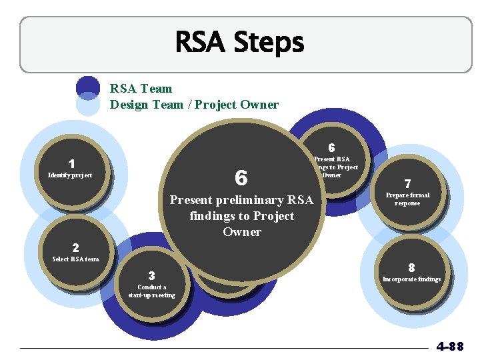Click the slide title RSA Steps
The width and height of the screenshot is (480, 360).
(x=239, y=43)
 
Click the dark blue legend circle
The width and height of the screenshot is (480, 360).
(x=88, y=86)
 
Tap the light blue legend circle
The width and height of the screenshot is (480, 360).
(x=88, y=105)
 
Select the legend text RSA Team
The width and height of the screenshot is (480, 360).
(x=141, y=89)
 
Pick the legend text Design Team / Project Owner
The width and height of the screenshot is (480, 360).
(x=194, y=104)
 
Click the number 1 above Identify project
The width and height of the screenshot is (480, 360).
(x=71, y=163)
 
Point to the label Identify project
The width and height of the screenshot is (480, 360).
(x=70, y=175)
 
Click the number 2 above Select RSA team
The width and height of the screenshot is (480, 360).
(x=75, y=247)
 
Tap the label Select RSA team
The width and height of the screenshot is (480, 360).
(x=75, y=259)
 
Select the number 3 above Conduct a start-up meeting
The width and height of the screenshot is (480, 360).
(x=152, y=275)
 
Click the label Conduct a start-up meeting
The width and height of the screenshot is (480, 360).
(x=152, y=291)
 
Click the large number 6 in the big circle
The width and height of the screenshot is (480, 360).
(x=241, y=178)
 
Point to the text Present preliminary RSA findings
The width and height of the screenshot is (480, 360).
(x=241, y=207)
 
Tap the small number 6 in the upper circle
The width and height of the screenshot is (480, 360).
(x=331, y=147)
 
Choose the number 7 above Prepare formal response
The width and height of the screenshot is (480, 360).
(x=407, y=183)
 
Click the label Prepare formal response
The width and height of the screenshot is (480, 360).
(x=407, y=199)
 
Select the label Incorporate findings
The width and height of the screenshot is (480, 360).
(x=411, y=279)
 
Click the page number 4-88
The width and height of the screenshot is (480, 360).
(x=450, y=347)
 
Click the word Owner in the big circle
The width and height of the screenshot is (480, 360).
(x=242, y=232)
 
